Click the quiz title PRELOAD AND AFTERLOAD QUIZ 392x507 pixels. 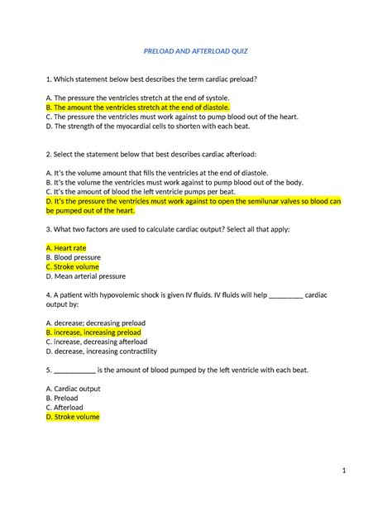click(x=196, y=51)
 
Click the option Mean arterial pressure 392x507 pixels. click(x=87, y=277)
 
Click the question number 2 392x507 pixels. click(x=50, y=154)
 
